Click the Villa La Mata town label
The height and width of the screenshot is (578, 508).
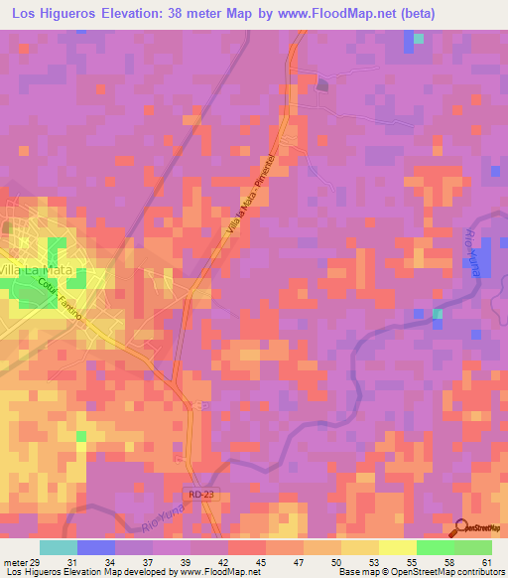(40, 270)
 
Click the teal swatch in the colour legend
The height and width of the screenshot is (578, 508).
(59, 547)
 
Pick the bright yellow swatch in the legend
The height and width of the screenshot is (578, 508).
(397, 547)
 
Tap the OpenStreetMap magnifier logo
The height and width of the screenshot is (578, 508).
(458, 529)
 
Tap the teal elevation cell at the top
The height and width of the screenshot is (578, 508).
(419, 39)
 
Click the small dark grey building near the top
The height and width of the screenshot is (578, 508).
(321, 85)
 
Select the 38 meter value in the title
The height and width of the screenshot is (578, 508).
(204, 15)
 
